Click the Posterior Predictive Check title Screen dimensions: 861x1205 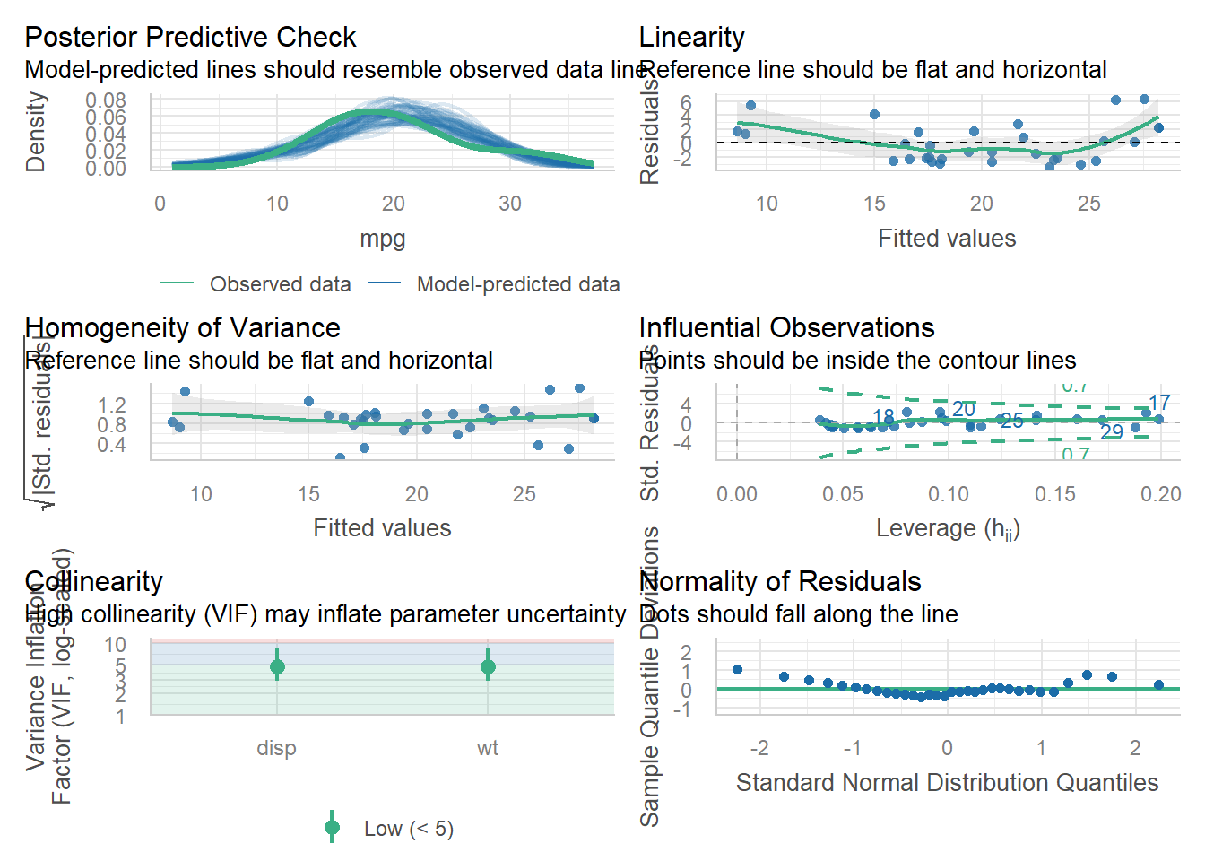coord(190,38)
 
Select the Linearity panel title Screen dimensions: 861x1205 coord(691,38)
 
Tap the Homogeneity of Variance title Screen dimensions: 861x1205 coord(182,328)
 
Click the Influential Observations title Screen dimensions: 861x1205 coord(786,328)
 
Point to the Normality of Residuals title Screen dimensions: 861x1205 coord(779,582)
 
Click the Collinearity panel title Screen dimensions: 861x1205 coord(93,582)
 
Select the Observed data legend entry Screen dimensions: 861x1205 coord(280,284)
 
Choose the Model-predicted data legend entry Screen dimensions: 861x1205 coord(517,284)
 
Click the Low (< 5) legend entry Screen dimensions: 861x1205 coord(408,829)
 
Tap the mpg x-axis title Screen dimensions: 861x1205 coord(382,239)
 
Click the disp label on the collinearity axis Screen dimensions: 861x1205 coord(276,748)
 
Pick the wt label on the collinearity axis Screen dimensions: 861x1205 coord(487,748)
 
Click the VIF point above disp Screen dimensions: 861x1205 coord(277,666)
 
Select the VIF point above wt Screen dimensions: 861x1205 coord(488,666)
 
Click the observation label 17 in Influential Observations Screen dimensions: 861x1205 coord(1159,403)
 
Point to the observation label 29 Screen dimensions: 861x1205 coord(1111,432)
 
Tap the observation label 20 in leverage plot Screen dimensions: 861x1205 coord(964,409)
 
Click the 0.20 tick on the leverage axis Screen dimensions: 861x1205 coord(1161,494)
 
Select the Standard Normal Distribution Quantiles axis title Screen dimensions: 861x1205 coord(947,783)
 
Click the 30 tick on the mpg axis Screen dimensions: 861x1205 coord(509,204)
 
